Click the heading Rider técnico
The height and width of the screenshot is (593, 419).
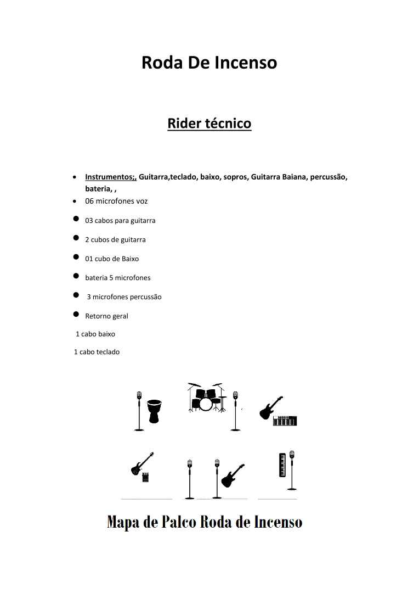[209, 123]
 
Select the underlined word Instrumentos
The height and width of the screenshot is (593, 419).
[110, 177]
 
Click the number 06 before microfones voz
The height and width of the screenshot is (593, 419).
[89, 201]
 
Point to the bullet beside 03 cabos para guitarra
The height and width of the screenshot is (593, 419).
[76, 219]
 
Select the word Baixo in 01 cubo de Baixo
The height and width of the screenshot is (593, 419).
[130, 259]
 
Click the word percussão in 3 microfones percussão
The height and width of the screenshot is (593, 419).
[145, 297]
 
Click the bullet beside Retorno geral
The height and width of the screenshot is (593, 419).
[76, 315]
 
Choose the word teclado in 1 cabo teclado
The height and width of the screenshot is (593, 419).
[107, 352]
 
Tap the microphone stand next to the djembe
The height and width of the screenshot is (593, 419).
[139, 411]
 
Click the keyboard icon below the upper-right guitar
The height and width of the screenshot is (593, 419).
[285, 421]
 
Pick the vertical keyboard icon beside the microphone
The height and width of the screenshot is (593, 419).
[283, 465]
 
